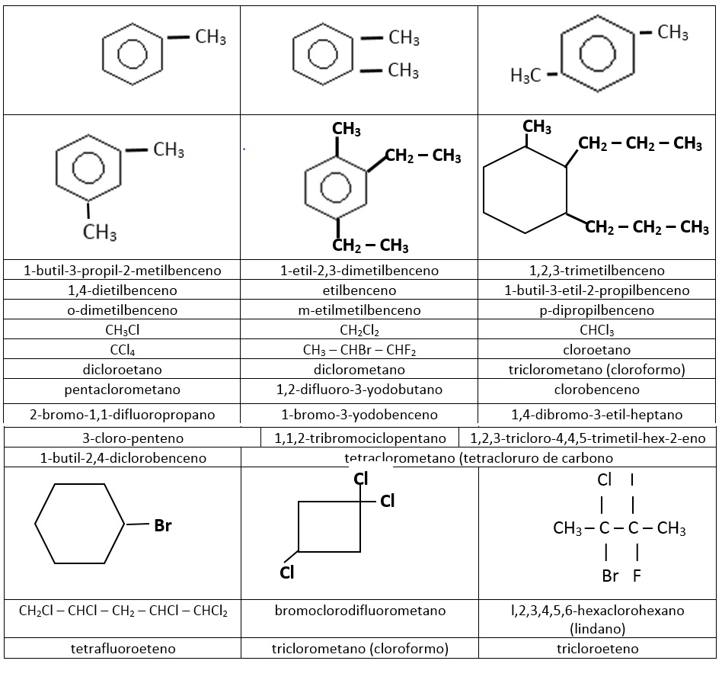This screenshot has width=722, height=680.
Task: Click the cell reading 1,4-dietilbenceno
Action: click(122, 290)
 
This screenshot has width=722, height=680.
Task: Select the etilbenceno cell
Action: click(359, 290)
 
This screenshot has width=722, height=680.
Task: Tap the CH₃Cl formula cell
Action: click(122, 330)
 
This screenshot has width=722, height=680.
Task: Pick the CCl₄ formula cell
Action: click(122, 350)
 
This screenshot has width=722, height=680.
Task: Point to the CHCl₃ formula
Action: click(596, 330)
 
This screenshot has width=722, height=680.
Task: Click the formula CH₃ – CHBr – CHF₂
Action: click(359, 350)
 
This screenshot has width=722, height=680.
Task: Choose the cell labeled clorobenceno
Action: click(596, 390)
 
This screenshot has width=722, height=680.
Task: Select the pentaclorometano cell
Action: click(122, 390)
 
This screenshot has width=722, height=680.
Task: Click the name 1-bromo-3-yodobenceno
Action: click(359, 415)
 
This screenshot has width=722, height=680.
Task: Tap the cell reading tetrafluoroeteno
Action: click(122, 649)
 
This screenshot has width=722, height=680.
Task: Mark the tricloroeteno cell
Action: click(596, 649)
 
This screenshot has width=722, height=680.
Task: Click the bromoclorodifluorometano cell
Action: click(359, 611)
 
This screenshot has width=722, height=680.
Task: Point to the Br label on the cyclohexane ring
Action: click(163, 525)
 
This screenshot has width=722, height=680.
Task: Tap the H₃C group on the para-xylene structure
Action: click(526, 75)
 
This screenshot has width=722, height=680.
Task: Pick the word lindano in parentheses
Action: click(596, 629)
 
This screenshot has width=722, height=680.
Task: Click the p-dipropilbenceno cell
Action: click(596, 310)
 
